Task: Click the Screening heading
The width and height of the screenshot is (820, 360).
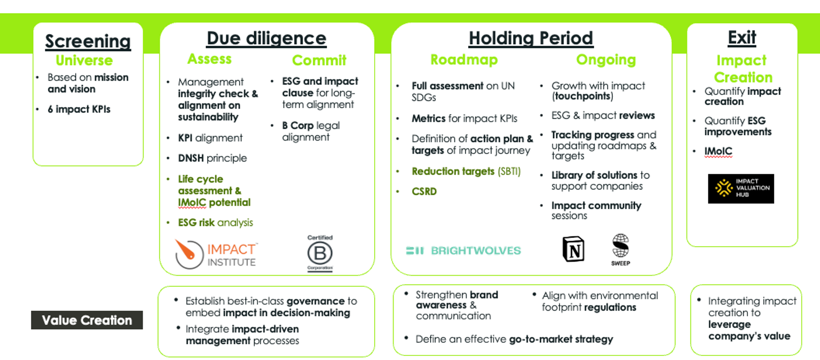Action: [88, 42]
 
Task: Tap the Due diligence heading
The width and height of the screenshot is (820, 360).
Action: [267, 39]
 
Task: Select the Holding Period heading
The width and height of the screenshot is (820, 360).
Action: [531, 39]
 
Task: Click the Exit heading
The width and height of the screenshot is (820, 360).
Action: [742, 38]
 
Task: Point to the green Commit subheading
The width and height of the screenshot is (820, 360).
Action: [319, 60]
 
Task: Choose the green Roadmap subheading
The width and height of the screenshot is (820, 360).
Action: [464, 60]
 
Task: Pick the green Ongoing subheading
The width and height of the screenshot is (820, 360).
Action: [606, 60]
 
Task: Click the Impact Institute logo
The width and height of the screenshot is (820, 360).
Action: [216, 254]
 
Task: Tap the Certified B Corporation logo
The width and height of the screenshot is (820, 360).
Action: [320, 253]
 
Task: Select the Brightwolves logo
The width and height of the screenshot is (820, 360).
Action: [464, 250]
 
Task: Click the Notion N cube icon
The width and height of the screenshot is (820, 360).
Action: [573, 249]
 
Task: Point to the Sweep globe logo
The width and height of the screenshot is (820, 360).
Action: [620, 249]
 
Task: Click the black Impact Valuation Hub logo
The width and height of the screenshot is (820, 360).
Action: [741, 188]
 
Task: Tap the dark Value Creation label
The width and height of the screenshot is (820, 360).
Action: [87, 320]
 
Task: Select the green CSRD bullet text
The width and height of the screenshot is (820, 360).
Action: [424, 191]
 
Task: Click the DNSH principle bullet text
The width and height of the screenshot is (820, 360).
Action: [212, 158]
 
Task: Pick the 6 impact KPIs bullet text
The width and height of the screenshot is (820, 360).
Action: [79, 109]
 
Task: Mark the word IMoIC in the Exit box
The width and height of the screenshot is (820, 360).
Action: [718, 151]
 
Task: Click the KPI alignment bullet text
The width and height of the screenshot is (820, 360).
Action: [210, 138]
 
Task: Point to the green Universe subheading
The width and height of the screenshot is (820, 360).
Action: [84, 60]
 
